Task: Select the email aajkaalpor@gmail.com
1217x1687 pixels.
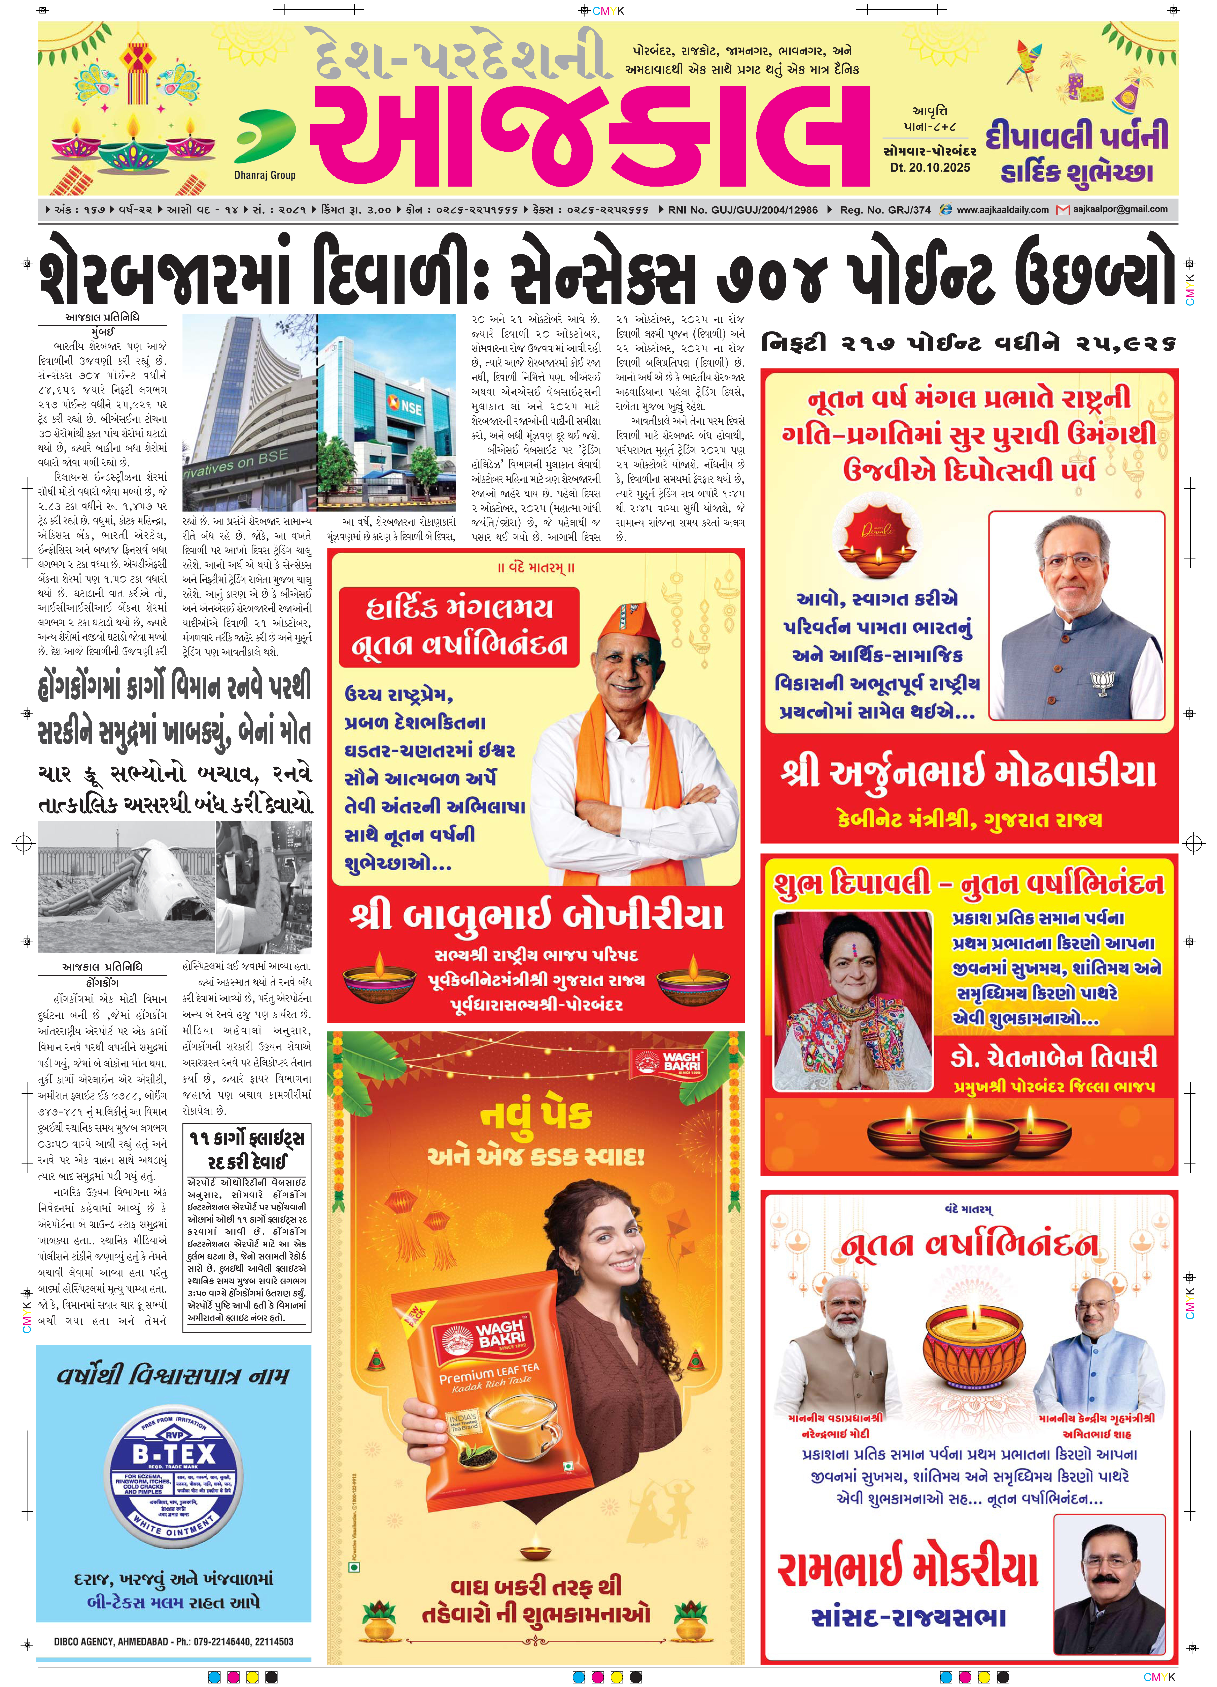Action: click(1120, 210)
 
